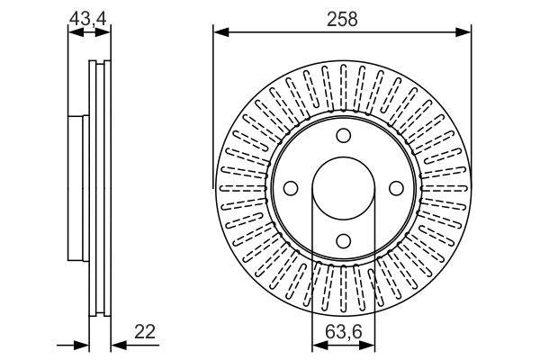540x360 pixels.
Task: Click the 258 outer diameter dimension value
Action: pyautogui.click(x=343, y=19)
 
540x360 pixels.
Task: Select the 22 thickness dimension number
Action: pyautogui.click(x=144, y=331)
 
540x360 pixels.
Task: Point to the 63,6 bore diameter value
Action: pyautogui.click(x=343, y=331)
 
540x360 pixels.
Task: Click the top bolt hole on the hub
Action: pyautogui.click(x=343, y=136)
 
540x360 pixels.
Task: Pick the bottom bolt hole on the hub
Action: pyautogui.click(x=343, y=240)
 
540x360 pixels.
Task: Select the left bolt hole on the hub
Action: pyautogui.click(x=291, y=188)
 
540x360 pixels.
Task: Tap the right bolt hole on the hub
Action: pyautogui.click(x=395, y=188)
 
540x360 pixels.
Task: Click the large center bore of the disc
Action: pyautogui.click(x=343, y=188)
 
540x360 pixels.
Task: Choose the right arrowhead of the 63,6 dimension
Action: pyautogui.click(x=368, y=345)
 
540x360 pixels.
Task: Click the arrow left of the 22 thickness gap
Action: pyautogui.click(x=82, y=345)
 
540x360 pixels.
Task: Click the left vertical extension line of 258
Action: pyautogui.click(x=214, y=99)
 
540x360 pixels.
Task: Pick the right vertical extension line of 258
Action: pyautogui.click(x=471, y=99)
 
